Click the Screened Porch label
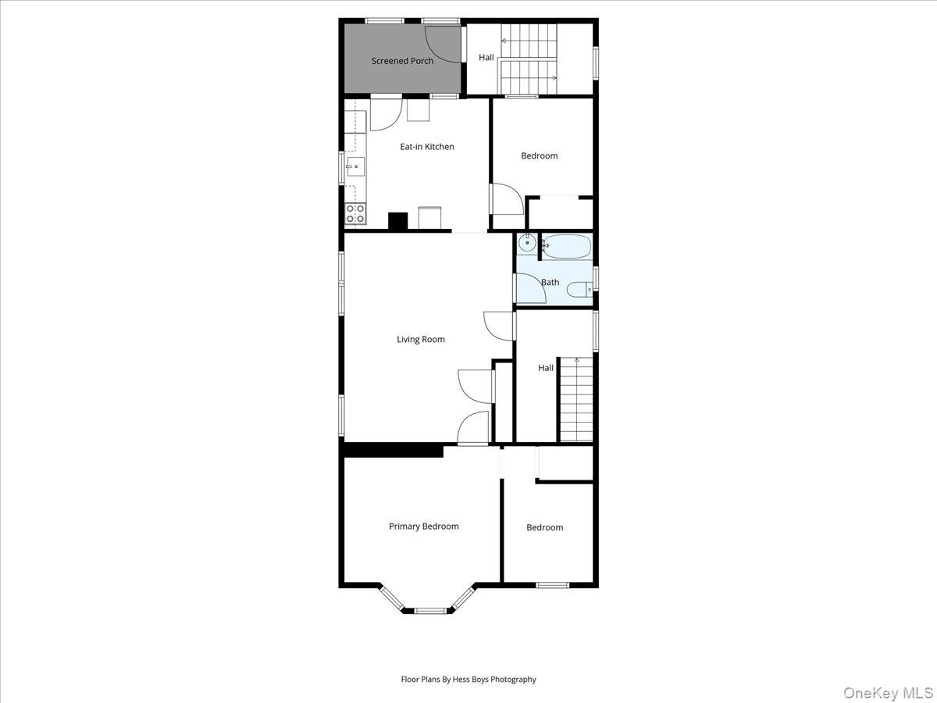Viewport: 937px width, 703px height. coord(402,61)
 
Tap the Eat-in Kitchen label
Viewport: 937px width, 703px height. coord(427,147)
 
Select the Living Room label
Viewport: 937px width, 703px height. coord(421,339)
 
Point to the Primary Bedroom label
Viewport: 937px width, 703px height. coord(424,526)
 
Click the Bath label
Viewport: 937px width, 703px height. coord(550,282)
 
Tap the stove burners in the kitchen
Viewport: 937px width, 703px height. coord(355,214)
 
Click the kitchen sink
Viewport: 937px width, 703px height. coord(355,166)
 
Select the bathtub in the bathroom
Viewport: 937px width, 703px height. coord(567,247)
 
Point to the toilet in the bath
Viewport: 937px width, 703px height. coord(579,291)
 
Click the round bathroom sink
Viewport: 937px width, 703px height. coord(527,242)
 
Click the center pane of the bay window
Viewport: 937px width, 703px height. coord(429,610)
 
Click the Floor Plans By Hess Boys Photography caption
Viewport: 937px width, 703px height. coord(468,680)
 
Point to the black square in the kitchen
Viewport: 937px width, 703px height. coord(398,221)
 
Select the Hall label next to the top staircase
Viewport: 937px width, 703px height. coord(486,57)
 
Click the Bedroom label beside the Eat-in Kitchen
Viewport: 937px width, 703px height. coord(540,155)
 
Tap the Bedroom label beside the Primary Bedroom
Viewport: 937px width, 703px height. coord(544,527)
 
